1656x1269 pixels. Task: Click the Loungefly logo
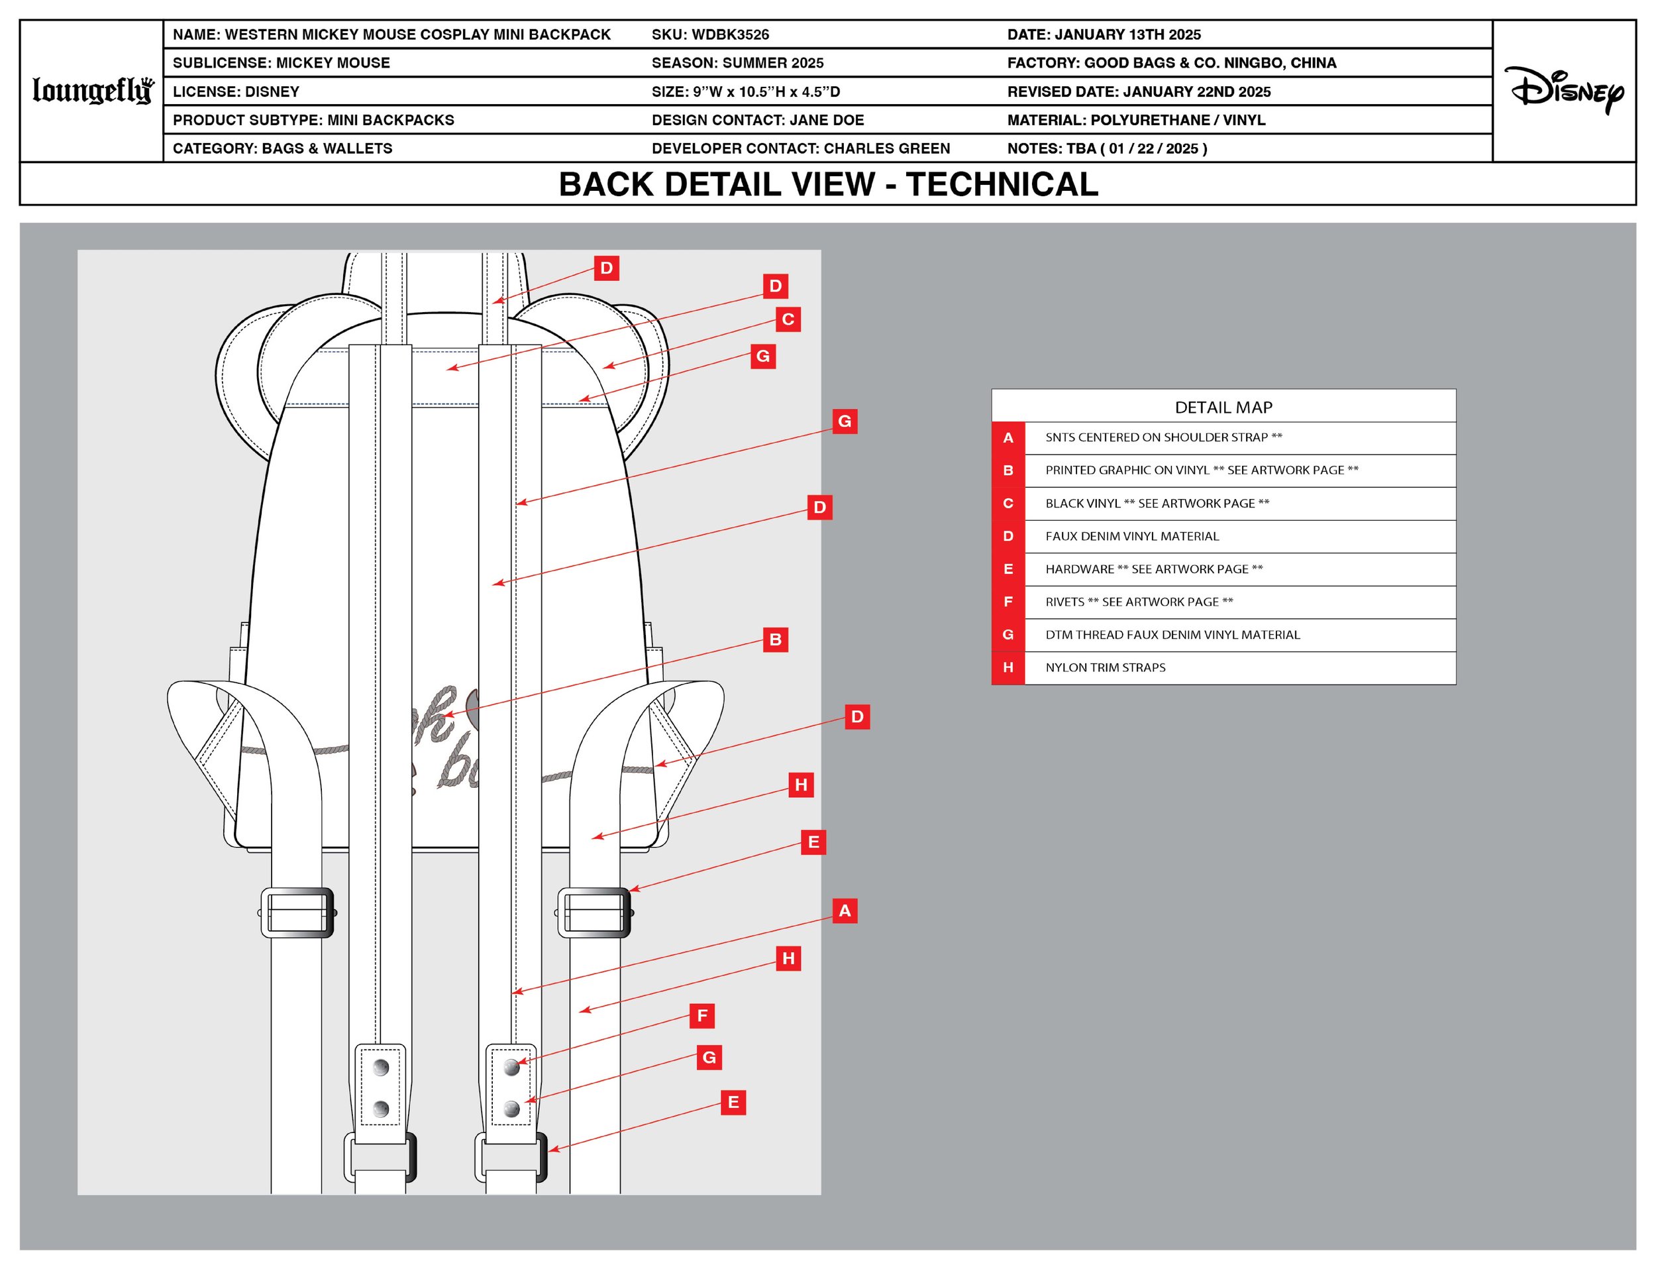click(93, 91)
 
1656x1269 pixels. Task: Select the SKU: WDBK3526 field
click(710, 34)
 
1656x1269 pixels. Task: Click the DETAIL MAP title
click(1223, 407)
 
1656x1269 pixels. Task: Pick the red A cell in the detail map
click(1008, 438)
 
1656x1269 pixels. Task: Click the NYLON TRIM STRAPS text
click(1105, 668)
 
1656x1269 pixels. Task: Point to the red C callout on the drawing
click(788, 319)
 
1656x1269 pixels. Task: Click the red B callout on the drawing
click(775, 639)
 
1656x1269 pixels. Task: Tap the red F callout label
click(701, 1016)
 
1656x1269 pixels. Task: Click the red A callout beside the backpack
click(845, 911)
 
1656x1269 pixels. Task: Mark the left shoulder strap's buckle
click(297, 912)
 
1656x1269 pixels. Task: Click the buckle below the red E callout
click(594, 912)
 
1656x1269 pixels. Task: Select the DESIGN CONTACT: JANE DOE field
click(757, 120)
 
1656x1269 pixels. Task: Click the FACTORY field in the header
click(1171, 64)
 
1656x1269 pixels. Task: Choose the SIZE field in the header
click(745, 92)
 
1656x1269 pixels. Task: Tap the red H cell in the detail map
click(1008, 668)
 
